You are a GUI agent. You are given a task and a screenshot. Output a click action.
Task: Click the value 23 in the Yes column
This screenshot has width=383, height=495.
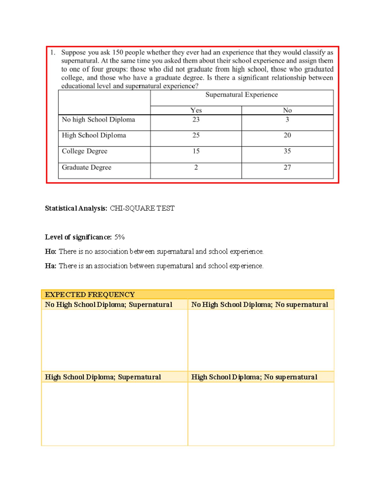196,120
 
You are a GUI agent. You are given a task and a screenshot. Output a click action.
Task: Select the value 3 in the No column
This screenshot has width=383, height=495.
287,120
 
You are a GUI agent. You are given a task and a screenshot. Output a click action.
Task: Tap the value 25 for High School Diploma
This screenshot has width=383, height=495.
196,135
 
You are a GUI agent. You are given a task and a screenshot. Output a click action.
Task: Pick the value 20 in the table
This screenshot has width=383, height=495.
287,135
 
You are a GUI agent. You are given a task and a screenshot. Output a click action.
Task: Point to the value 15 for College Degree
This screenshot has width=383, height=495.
196,151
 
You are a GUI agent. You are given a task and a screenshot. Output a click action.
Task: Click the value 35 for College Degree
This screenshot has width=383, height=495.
287,151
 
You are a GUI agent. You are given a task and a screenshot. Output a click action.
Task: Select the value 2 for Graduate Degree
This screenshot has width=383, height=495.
196,167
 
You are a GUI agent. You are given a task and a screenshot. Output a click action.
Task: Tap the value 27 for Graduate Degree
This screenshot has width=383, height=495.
287,167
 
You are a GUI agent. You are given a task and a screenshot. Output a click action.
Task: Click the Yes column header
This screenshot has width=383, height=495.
196,110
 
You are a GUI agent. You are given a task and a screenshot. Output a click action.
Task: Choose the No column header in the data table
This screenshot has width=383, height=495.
287,110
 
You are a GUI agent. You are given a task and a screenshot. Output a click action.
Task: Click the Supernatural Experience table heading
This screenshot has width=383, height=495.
242,95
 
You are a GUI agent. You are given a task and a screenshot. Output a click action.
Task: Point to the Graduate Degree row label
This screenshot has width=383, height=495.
86,167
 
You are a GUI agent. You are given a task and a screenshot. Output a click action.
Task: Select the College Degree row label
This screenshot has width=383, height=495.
85,151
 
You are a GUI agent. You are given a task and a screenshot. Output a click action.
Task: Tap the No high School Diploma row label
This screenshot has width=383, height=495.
98,120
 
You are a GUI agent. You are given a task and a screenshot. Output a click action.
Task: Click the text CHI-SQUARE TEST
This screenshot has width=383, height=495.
142,208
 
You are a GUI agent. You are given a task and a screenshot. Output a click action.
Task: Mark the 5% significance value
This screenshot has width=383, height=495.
119,237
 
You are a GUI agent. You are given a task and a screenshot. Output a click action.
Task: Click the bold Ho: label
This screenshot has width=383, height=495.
50,251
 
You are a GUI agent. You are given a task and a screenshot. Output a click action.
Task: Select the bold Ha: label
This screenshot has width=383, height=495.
50,266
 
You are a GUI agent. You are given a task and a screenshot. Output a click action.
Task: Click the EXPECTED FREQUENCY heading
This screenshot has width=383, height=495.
90,295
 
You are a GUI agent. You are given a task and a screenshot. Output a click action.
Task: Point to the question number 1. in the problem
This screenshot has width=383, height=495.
53,53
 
